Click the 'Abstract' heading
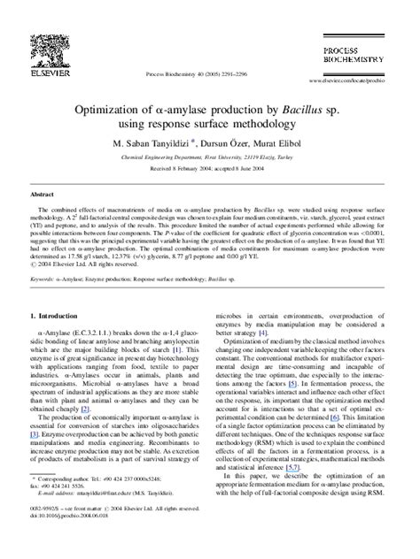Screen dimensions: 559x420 point(43,194)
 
